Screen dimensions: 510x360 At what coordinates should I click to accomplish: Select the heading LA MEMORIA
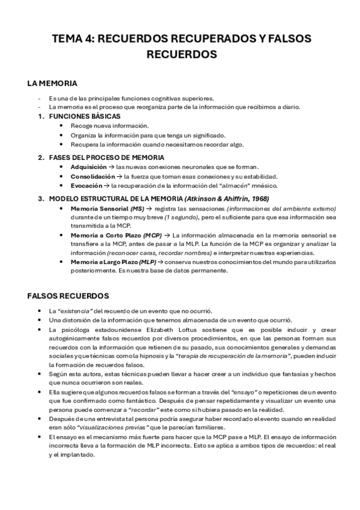pyautogui.click(x=52, y=83)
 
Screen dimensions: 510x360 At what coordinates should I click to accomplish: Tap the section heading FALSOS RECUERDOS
pyautogui.click(x=68, y=296)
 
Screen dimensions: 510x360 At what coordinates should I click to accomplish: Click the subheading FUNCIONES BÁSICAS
pyautogui.click(x=85, y=116)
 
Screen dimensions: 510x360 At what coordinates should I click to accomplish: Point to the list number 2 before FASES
pyautogui.click(x=40, y=157)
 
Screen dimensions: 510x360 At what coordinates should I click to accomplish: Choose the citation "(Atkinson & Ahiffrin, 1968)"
pyautogui.click(x=227, y=198)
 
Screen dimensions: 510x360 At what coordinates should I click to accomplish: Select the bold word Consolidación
pyautogui.click(x=93, y=176)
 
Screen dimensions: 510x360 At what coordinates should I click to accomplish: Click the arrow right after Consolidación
pyautogui.click(x=119, y=176)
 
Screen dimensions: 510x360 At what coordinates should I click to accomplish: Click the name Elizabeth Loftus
pyautogui.click(x=166, y=330)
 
